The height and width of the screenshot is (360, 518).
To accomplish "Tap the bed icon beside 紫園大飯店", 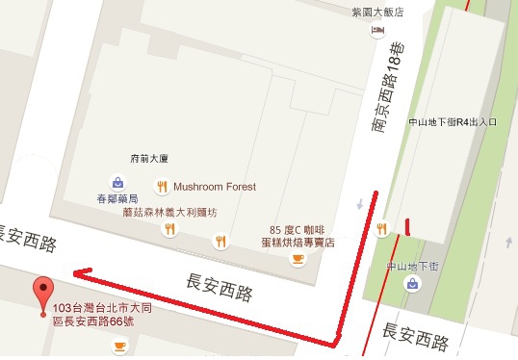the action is coord(376,31).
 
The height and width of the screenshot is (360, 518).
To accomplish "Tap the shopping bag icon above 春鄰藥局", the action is coord(117,181).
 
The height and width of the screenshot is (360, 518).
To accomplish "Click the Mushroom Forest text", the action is coord(215,187).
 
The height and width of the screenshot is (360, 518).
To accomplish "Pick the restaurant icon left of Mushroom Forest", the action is coord(162,187).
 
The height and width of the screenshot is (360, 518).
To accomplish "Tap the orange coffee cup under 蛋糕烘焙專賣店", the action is coord(298,258).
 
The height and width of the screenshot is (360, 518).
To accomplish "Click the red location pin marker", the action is coord(42,293).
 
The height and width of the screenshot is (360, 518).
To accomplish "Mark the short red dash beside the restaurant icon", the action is coord(408,227).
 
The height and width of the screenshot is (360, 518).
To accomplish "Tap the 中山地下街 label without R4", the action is coord(413,265).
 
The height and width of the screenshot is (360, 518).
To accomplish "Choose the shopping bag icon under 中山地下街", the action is coord(412,284).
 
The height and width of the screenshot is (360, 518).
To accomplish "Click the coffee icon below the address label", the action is coord(119,346).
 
